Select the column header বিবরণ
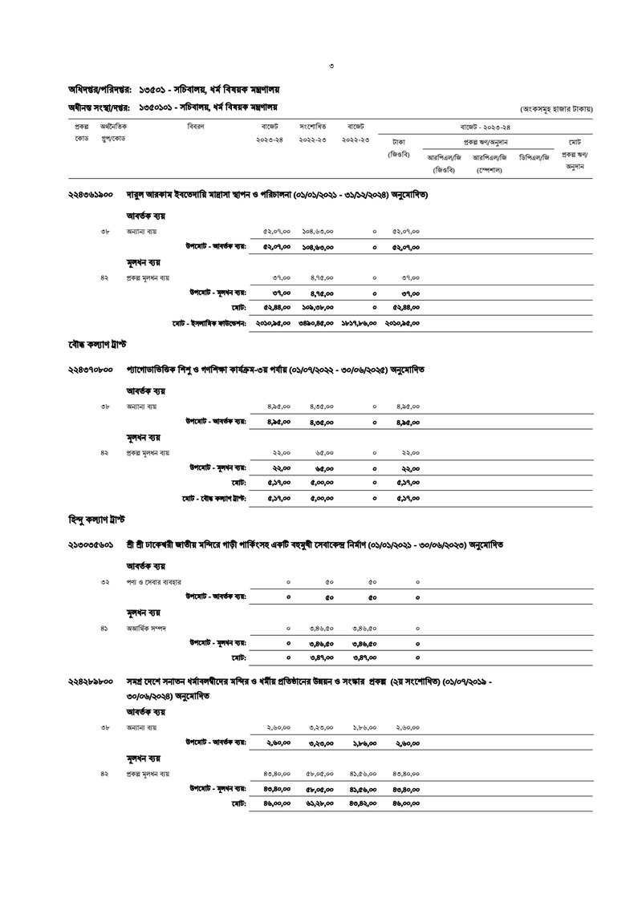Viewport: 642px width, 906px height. point(195,127)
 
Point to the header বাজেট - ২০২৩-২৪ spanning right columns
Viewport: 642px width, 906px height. point(485,127)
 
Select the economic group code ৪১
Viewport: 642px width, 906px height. point(104,629)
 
